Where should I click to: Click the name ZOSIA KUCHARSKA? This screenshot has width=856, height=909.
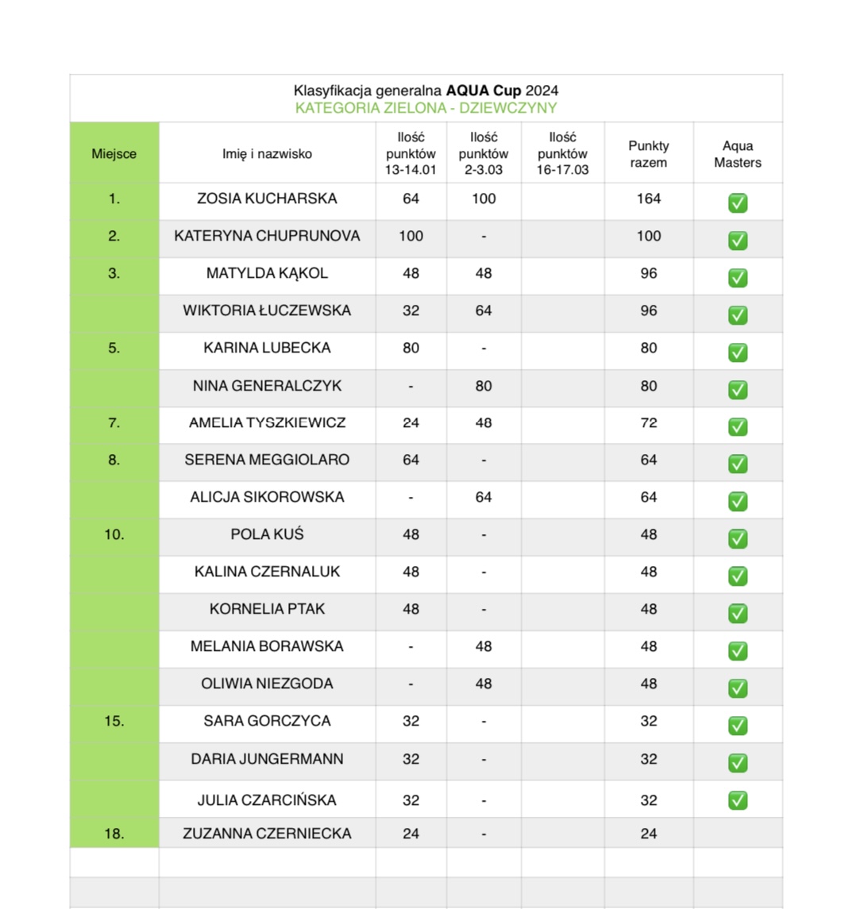tap(267, 198)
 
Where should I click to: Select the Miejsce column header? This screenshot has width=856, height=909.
tap(114, 154)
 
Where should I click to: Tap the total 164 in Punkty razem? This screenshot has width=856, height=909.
tap(648, 198)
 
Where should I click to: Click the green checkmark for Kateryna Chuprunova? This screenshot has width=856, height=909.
tap(738, 240)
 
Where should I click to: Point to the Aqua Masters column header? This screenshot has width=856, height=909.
tap(737, 154)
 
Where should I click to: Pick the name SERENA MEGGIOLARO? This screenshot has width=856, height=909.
tap(267, 460)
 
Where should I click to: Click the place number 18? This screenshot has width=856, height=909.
tap(114, 834)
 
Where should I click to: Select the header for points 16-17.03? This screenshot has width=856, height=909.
tap(562, 154)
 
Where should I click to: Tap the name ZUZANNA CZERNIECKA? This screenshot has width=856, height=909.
tap(267, 834)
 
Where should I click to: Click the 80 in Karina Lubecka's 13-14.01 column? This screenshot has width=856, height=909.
tap(411, 348)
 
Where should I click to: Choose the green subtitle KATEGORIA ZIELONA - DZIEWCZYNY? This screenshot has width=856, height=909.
tap(426, 108)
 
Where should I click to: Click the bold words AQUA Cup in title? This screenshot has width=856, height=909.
tap(483, 91)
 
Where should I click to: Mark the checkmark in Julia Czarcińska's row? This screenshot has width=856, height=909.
tap(738, 799)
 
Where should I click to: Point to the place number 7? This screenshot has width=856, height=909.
tap(114, 422)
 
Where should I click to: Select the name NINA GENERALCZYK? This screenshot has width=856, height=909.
tap(267, 386)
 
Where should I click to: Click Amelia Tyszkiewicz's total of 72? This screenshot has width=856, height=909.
tap(648, 422)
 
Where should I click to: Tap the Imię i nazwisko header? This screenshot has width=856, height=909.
tap(267, 154)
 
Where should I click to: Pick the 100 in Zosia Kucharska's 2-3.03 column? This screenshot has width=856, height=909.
tap(484, 198)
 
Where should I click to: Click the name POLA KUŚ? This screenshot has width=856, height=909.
tap(267, 534)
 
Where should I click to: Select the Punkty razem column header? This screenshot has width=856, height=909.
tap(648, 154)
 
